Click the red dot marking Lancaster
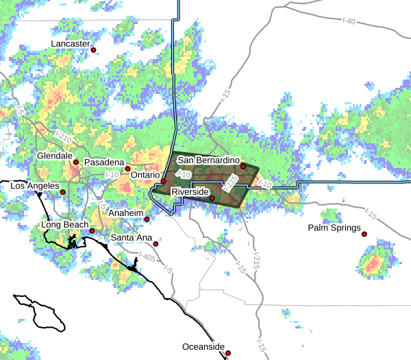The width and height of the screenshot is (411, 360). (x=94, y=50)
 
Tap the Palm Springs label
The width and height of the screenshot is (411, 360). (x=334, y=228)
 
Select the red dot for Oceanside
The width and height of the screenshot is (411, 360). (x=228, y=353)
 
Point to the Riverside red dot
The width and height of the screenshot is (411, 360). (x=212, y=199)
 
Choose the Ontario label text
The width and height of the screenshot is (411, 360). (x=145, y=176)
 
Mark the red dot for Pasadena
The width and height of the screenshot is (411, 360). (x=127, y=169)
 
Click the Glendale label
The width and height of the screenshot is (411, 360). (x=55, y=156)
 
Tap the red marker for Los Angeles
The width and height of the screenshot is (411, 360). (x=62, y=192)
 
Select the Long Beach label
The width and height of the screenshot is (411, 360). (x=65, y=224)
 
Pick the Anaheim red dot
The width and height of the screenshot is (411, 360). (x=147, y=219)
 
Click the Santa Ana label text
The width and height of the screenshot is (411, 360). (x=132, y=238)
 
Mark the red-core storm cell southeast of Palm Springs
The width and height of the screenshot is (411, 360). (x=373, y=264)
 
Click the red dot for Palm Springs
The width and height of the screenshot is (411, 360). (x=365, y=235)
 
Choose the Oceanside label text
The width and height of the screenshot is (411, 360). (x=203, y=347)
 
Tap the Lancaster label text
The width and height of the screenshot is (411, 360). (x=71, y=44)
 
